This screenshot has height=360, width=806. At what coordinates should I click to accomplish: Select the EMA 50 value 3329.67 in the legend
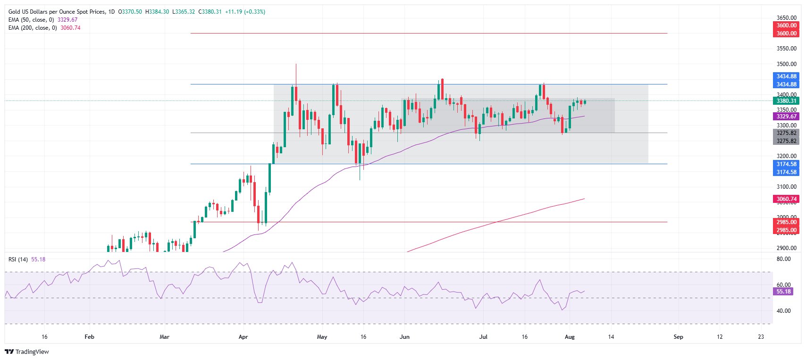(x=67, y=20)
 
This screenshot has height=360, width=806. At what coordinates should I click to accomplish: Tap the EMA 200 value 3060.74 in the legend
(x=70, y=28)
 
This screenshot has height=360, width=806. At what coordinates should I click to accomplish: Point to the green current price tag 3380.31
(x=786, y=101)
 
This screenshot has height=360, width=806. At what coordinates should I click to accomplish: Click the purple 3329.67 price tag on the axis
(x=786, y=117)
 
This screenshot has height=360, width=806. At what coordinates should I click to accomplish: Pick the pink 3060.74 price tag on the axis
(x=786, y=199)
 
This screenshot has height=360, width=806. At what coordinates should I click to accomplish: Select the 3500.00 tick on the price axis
(x=786, y=64)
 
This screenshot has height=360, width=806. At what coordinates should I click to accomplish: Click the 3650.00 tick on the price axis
(x=786, y=18)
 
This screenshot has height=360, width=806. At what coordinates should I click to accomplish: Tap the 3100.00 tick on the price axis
(x=786, y=187)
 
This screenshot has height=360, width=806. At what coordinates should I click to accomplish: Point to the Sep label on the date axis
(x=678, y=337)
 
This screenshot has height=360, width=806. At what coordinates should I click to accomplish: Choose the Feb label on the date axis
(x=89, y=337)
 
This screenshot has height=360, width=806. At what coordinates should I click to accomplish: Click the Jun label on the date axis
(x=404, y=337)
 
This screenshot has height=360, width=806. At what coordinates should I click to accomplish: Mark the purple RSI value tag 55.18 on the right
(x=783, y=292)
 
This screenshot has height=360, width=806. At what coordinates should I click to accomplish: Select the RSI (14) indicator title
(x=18, y=260)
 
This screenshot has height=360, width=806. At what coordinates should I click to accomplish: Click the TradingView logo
(x=27, y=352)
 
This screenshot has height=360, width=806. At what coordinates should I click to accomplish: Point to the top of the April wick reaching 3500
(x=296, y=64)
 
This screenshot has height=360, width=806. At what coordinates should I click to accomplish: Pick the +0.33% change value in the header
(x=255, y=12)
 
